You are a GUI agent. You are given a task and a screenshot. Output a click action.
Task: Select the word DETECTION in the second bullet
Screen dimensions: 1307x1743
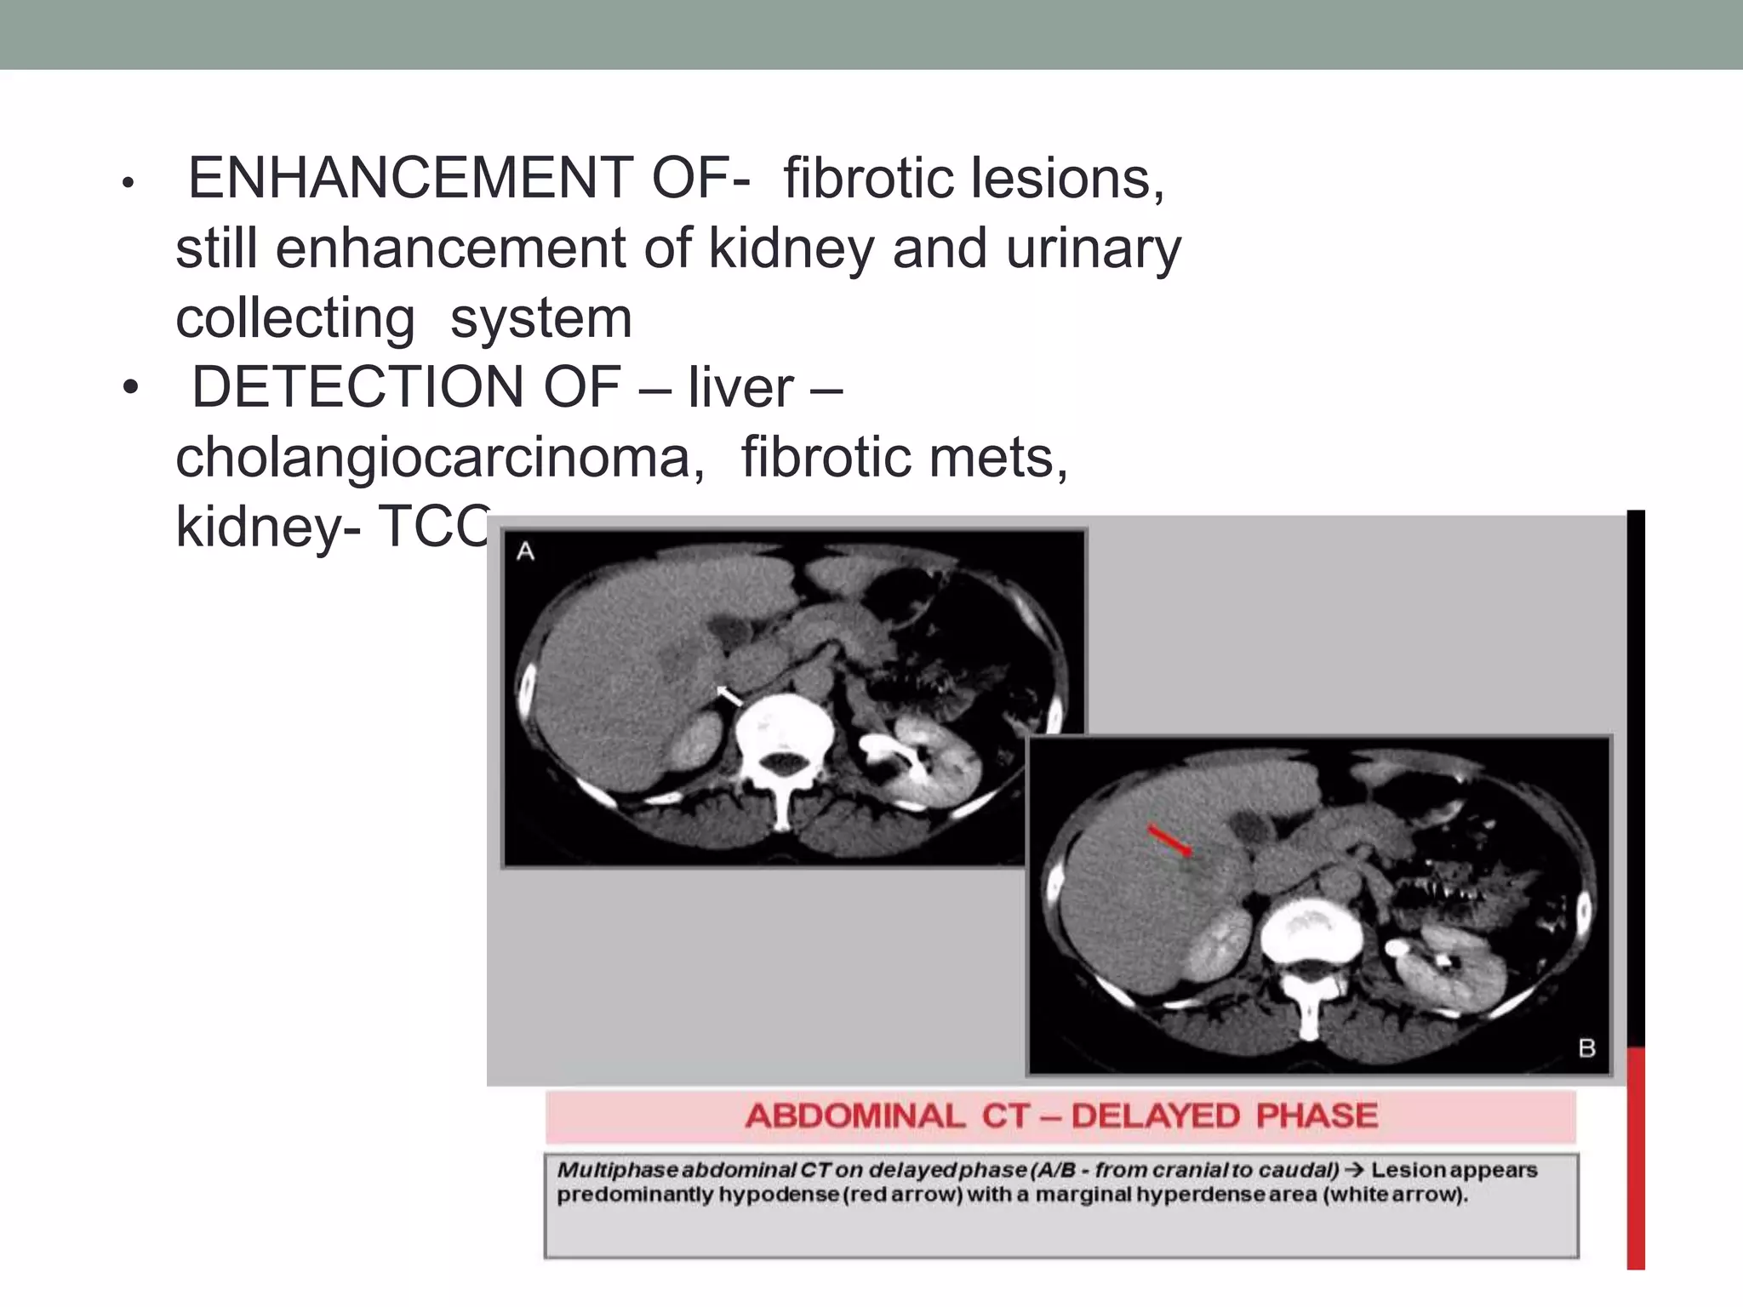pyautogui.click(x=358, y=387)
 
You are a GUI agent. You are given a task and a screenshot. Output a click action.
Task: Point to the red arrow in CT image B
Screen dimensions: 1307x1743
pyautogui.click(x=1169, y=839)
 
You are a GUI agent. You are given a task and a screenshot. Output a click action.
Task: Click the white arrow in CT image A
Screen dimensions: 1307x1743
pyautogui.click(x=729, y=696)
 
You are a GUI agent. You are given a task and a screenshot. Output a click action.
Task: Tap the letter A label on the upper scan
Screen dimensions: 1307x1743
pyautogui.click(x=526, y=552)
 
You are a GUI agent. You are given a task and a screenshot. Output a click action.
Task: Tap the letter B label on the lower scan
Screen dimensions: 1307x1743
pyautogui.click(x=1586, y=1048)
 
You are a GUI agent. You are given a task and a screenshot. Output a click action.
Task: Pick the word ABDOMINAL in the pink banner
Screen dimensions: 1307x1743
pyautogui.click(x=855, y=1116)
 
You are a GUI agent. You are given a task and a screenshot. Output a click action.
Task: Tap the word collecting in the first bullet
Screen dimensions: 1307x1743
pyautogui.click(x=295, y=318)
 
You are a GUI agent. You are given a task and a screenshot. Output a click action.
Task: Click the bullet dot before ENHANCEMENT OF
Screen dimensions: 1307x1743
pyautogui.click(x=129, y=183)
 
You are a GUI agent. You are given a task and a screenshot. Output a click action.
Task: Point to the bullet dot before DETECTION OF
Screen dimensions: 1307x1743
pyautogui.click(x=129, y=389)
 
